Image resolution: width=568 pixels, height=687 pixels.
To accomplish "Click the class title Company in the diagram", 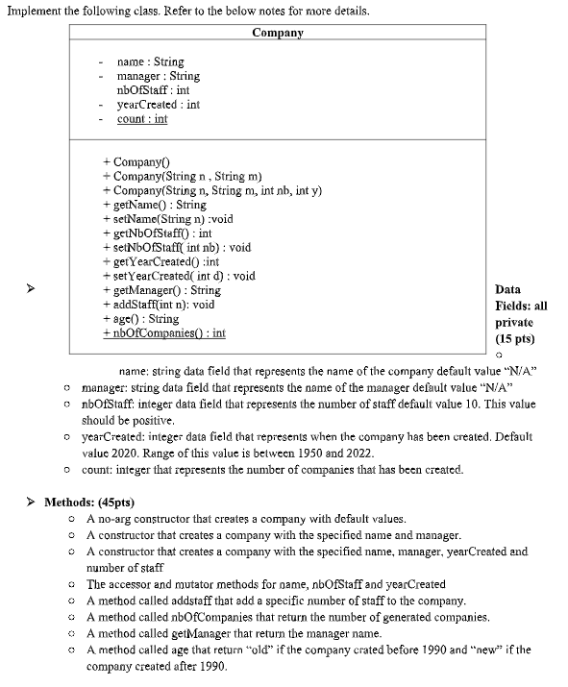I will click(x=278, y=33).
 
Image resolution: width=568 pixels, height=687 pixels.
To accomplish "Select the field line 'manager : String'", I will click(x=158, y=76).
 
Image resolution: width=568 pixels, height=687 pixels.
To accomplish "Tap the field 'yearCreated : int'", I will click(x=158, y=105).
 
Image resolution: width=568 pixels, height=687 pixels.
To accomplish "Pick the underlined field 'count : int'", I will click(x=141, y=119).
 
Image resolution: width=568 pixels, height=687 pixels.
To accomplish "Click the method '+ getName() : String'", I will click(x=154, y=205).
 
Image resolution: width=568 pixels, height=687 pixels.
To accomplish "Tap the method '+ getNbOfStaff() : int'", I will click(x=157, y=233).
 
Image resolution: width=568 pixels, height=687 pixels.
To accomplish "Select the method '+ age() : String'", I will click(x=140, y=318).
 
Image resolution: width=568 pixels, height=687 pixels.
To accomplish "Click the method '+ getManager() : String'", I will click(x=161, y=290).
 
